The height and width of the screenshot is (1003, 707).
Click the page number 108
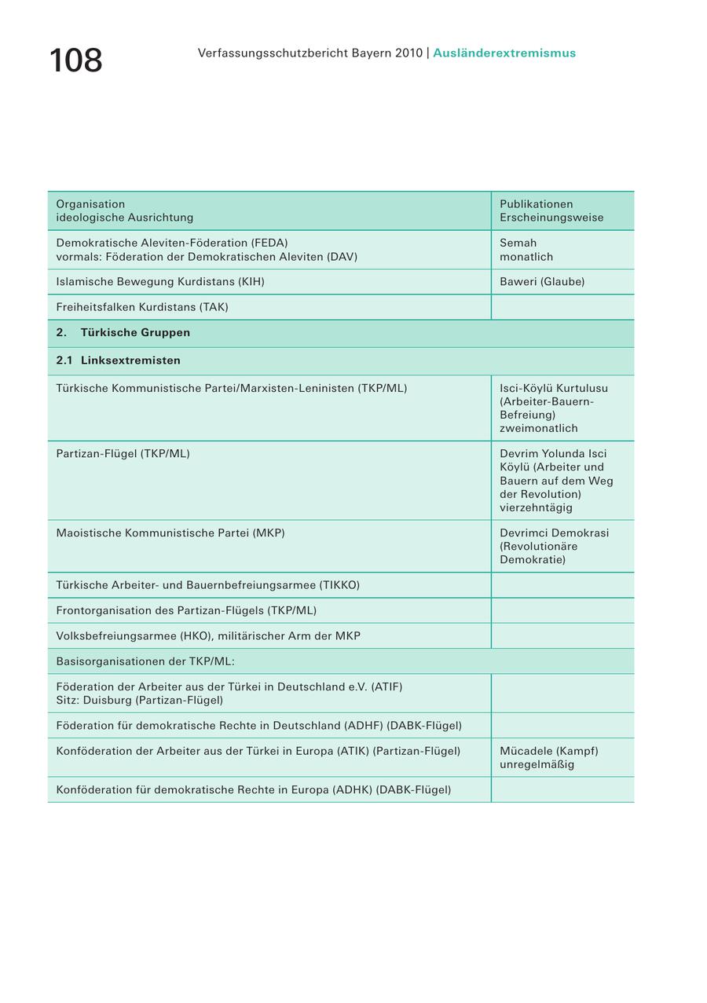[x=75, y=60]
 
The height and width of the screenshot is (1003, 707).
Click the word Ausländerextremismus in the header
[x=504, y=53]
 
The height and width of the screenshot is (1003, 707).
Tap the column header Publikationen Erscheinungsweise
[x=551, y=210]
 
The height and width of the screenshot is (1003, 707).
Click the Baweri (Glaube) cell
[x=542, y=282]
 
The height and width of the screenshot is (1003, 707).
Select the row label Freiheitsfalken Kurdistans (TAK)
[x=142, y=307]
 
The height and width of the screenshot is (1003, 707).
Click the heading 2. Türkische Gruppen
[x=123, y=333]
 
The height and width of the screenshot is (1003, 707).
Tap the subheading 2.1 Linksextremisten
[x=119, y=361]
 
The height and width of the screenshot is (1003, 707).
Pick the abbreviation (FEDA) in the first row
[x=269, y=243]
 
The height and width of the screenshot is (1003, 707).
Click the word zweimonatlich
[x=538, y=429]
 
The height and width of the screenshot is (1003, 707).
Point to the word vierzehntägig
[x=536, y=508]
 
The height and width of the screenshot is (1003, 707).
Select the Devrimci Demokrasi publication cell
[x=554, y=546]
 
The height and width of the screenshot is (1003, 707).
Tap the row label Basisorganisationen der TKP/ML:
[x=145, y=661]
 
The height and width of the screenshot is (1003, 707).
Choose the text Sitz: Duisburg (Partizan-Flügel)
[x=140, y=700]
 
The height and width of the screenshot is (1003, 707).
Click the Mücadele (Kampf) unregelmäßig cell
[x=548, y=757]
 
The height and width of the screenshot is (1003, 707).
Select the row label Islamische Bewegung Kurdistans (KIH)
[x=160, y=282]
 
